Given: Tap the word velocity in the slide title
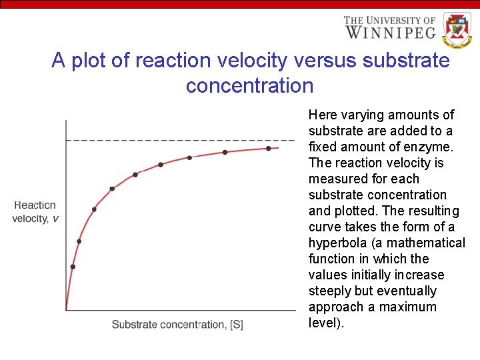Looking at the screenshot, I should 255,61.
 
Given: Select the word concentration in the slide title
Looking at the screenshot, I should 249,86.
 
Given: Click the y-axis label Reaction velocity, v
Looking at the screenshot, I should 35,212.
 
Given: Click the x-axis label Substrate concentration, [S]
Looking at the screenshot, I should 177,325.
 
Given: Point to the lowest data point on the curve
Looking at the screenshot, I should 73,267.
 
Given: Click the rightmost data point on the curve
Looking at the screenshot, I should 269,148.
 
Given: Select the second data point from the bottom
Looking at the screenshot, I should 79,241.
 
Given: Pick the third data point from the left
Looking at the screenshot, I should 94,209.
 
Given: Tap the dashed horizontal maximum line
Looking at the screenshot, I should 180,140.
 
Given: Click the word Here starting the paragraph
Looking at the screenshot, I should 322,115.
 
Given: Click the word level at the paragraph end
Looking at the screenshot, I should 323,323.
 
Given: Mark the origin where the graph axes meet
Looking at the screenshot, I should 66,310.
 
